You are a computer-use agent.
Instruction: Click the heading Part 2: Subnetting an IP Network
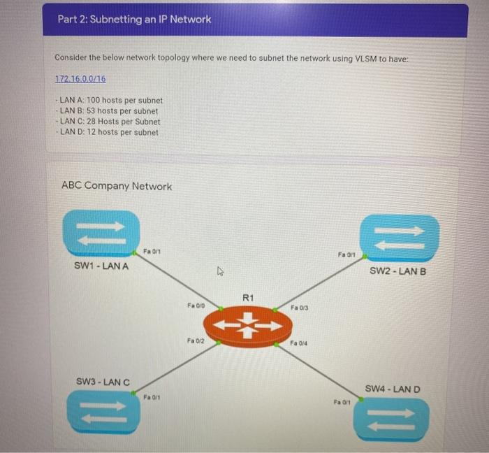(134, 20)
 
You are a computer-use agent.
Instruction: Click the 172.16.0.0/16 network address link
(80, 79)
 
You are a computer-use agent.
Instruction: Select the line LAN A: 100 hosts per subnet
(111, 101)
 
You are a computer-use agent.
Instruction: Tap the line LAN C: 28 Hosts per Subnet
(110, 122)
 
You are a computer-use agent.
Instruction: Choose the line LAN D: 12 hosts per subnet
(109, 132)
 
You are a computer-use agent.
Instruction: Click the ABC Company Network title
(116, 186)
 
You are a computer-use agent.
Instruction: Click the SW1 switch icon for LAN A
(101, 233)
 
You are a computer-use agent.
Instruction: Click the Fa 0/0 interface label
(196, 305)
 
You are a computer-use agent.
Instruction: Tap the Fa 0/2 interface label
(196, 340)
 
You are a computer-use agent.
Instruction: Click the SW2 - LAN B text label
(397, 271)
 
